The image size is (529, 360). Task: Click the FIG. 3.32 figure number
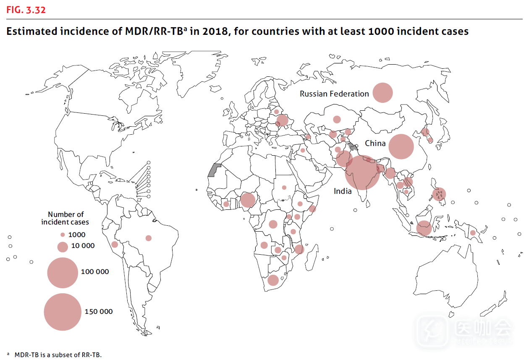pyautogui.click(x=26, y=10)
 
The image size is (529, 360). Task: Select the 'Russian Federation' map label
pyautogui.click(x=334, y=94)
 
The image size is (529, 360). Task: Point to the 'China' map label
pyautogui.click(x=375, y=143)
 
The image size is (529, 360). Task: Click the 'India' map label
pyautogui.click(x=343, y=191)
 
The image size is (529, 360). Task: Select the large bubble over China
pyautogui.click(x=401, y=146)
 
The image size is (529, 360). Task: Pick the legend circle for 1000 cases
pyautogui.click(x=63, y=235)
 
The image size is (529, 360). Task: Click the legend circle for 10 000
pyautogui.click(x=63, y=247)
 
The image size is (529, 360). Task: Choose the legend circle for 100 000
pyautogui.click(x=63, y=272)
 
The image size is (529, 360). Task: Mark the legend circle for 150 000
pyautogui.click(x=63, y=312)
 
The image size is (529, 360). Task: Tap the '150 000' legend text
pyautogui.click(x=99, y=312)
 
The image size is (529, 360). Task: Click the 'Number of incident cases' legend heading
pyautogui.click(x=65, y=218)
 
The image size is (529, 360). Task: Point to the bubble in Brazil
pyautogui.click(x=149, y=238)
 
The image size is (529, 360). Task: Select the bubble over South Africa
pyautogui.click(x=273, y=280)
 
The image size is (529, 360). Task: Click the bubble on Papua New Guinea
pyautogui.click(x=473, y=233)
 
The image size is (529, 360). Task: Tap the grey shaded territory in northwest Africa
pyautogui.click(x=215, y=170)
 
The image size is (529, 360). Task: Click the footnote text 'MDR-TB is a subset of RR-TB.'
pyautogui.click(x=58, y=355)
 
